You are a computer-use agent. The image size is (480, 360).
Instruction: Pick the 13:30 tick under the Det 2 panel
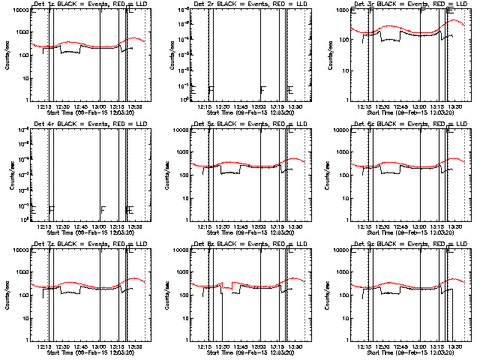(297, 106)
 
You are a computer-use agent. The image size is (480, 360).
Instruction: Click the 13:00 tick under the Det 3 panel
(420, 106)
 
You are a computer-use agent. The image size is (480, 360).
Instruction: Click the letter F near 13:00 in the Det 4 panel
(103, 209)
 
